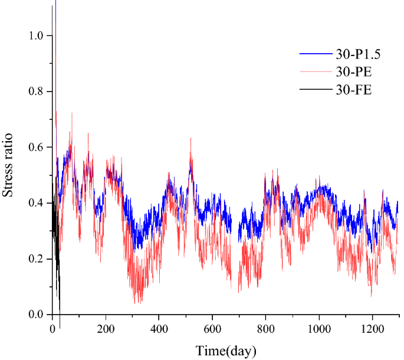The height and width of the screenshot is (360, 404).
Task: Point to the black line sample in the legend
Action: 313,91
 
